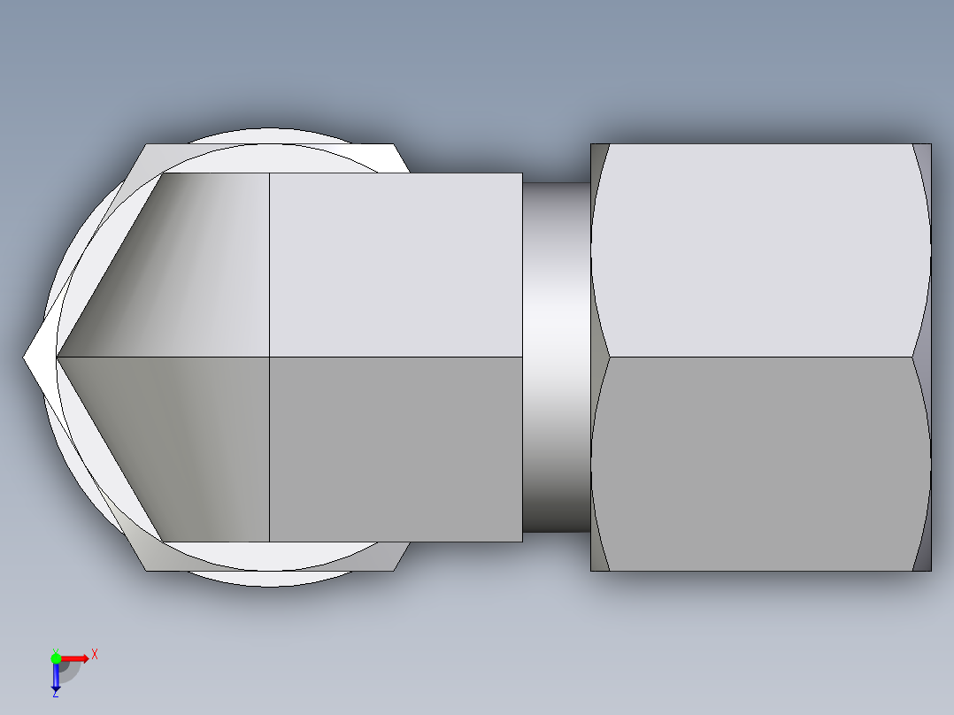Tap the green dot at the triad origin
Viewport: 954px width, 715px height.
pos(56,657)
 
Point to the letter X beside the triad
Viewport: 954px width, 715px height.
pos(94,654)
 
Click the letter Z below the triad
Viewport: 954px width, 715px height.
pos(55,694)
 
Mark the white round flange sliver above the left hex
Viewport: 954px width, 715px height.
pos(265,136)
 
